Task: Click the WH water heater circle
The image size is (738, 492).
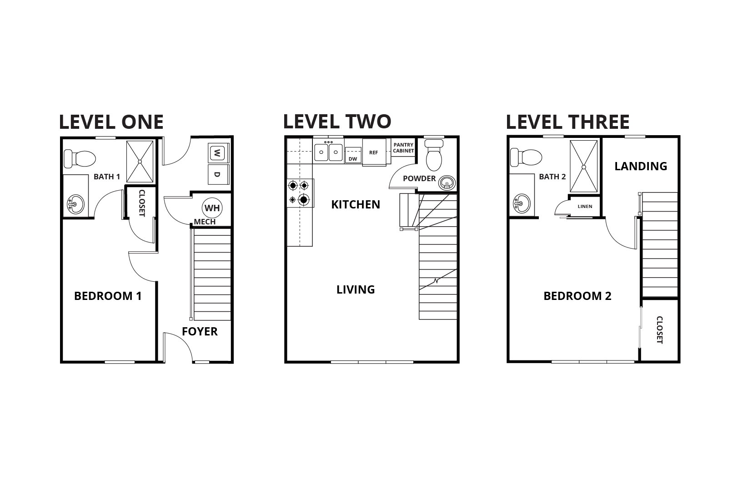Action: (212, 208)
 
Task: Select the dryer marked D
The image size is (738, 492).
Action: (217, 175)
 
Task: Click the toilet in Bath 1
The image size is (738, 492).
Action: (80, 159)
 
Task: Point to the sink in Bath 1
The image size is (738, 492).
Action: (75, 204)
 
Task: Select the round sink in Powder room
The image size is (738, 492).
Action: (447, 184)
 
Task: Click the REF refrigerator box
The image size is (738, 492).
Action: (374, 153)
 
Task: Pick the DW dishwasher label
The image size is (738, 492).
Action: (352, 159)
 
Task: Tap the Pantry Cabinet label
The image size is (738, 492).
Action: (403, 147)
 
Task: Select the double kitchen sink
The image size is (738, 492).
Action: (328, 151)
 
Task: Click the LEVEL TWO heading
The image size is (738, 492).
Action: (337, 122)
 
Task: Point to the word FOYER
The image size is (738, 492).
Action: (200, 331)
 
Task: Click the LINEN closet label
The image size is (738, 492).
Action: (585, 207)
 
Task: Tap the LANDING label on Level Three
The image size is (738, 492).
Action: (640, 166)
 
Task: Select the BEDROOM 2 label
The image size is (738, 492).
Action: (577, 296)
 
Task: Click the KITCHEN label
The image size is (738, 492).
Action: (356, 204)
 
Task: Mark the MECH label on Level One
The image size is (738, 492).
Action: (205, 222)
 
